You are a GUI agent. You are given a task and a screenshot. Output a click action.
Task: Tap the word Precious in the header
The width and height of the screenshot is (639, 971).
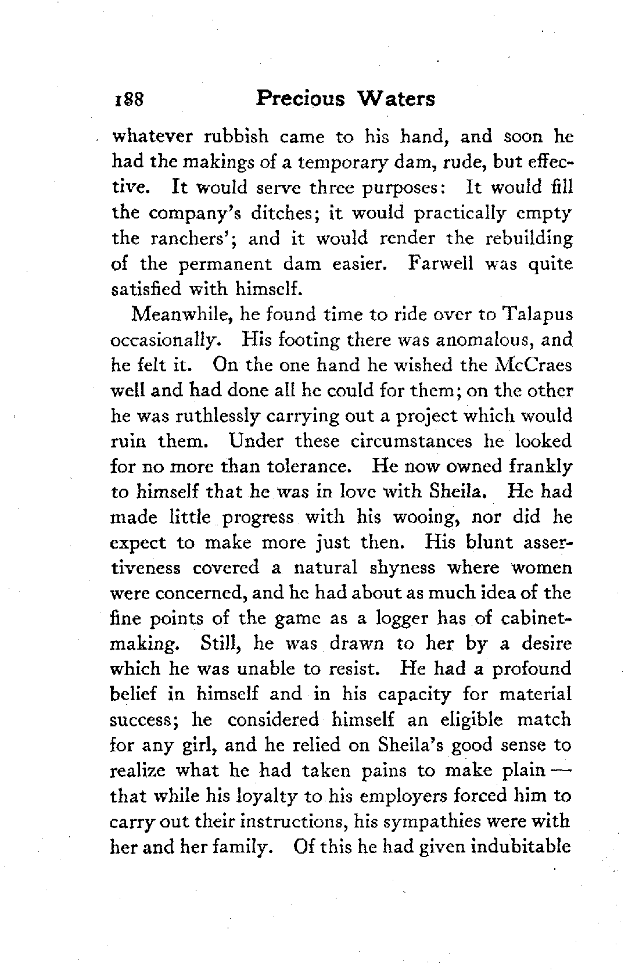pos(300,98)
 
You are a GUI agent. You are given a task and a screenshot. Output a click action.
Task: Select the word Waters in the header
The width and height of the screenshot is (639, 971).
pos(396,98)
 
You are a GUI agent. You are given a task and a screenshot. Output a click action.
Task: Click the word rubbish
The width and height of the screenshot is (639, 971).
pos(235,137)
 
